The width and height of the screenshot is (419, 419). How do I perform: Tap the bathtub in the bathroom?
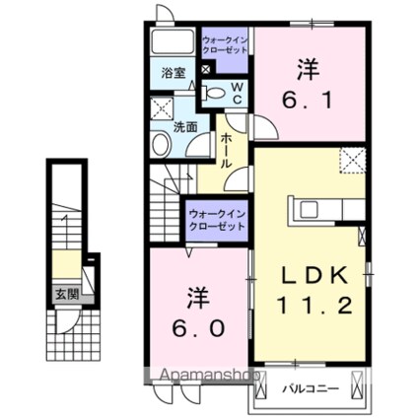[175, 42]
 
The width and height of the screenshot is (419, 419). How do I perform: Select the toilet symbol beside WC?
[215, 93]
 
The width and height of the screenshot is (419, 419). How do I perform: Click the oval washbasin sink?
[162, 145]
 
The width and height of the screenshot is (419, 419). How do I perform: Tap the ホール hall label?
[226, 152]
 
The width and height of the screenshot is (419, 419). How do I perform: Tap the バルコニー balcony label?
[313, 387]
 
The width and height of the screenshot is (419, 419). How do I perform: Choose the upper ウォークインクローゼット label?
[223, 45]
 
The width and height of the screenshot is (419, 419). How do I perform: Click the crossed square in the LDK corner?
[352, 159]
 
